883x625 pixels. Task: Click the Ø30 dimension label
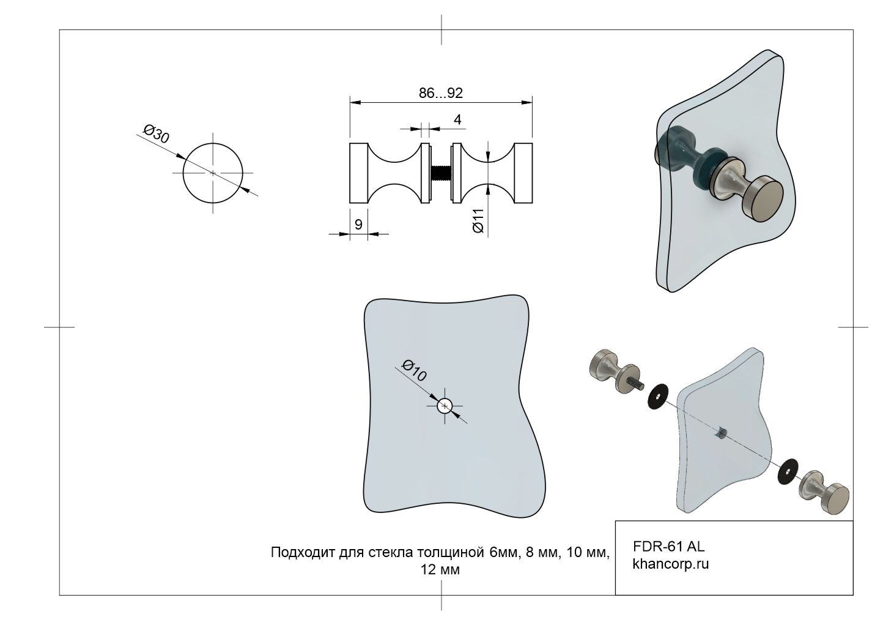[156, 134]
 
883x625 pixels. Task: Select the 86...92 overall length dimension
[440, 93]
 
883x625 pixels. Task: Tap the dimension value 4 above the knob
[457, 120]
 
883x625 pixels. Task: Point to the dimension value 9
[358, 225]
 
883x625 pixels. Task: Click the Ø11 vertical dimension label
[478, 220]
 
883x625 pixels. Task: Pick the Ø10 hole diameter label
[414, 371]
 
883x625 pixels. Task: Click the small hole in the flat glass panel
[445, 405]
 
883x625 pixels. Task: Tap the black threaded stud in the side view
[440, 173]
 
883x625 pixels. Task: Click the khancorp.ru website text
[671, 564]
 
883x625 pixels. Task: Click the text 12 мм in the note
[440, 570]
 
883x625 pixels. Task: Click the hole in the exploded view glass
[720, 433]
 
